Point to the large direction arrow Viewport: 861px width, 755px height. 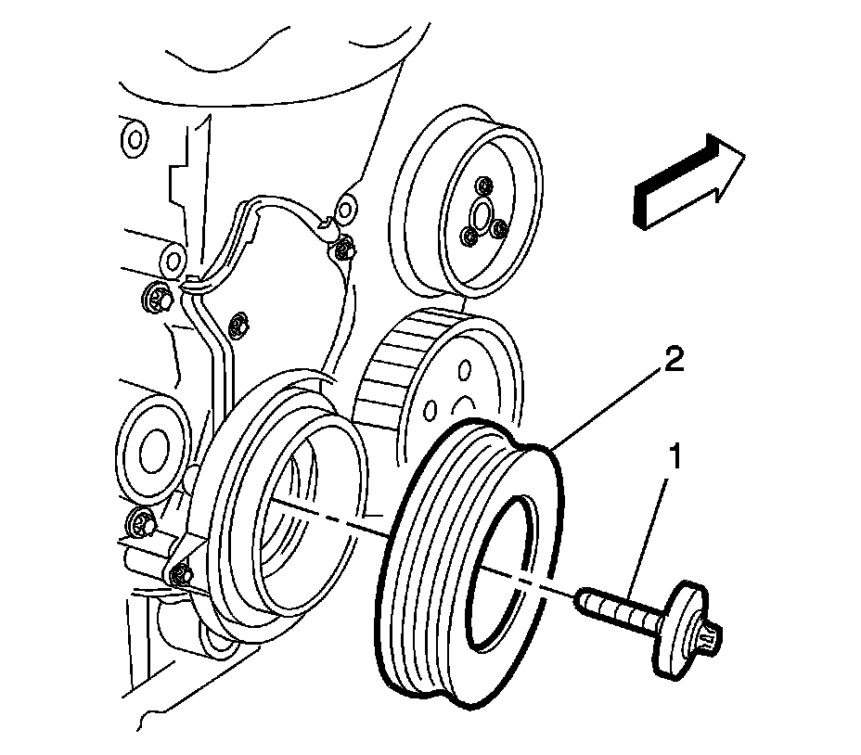(x=689, y=181)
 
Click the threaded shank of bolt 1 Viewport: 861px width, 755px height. (x=621, y=608)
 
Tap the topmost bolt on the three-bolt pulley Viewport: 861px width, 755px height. (x=484, y=186)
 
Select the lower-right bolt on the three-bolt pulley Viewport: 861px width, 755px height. (x=500, y=227)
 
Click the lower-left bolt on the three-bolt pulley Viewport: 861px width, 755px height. (x=470, y=237)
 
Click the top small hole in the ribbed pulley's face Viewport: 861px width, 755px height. (x=465, y=368)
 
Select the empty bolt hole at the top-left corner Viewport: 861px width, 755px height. (x=134, y=138)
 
